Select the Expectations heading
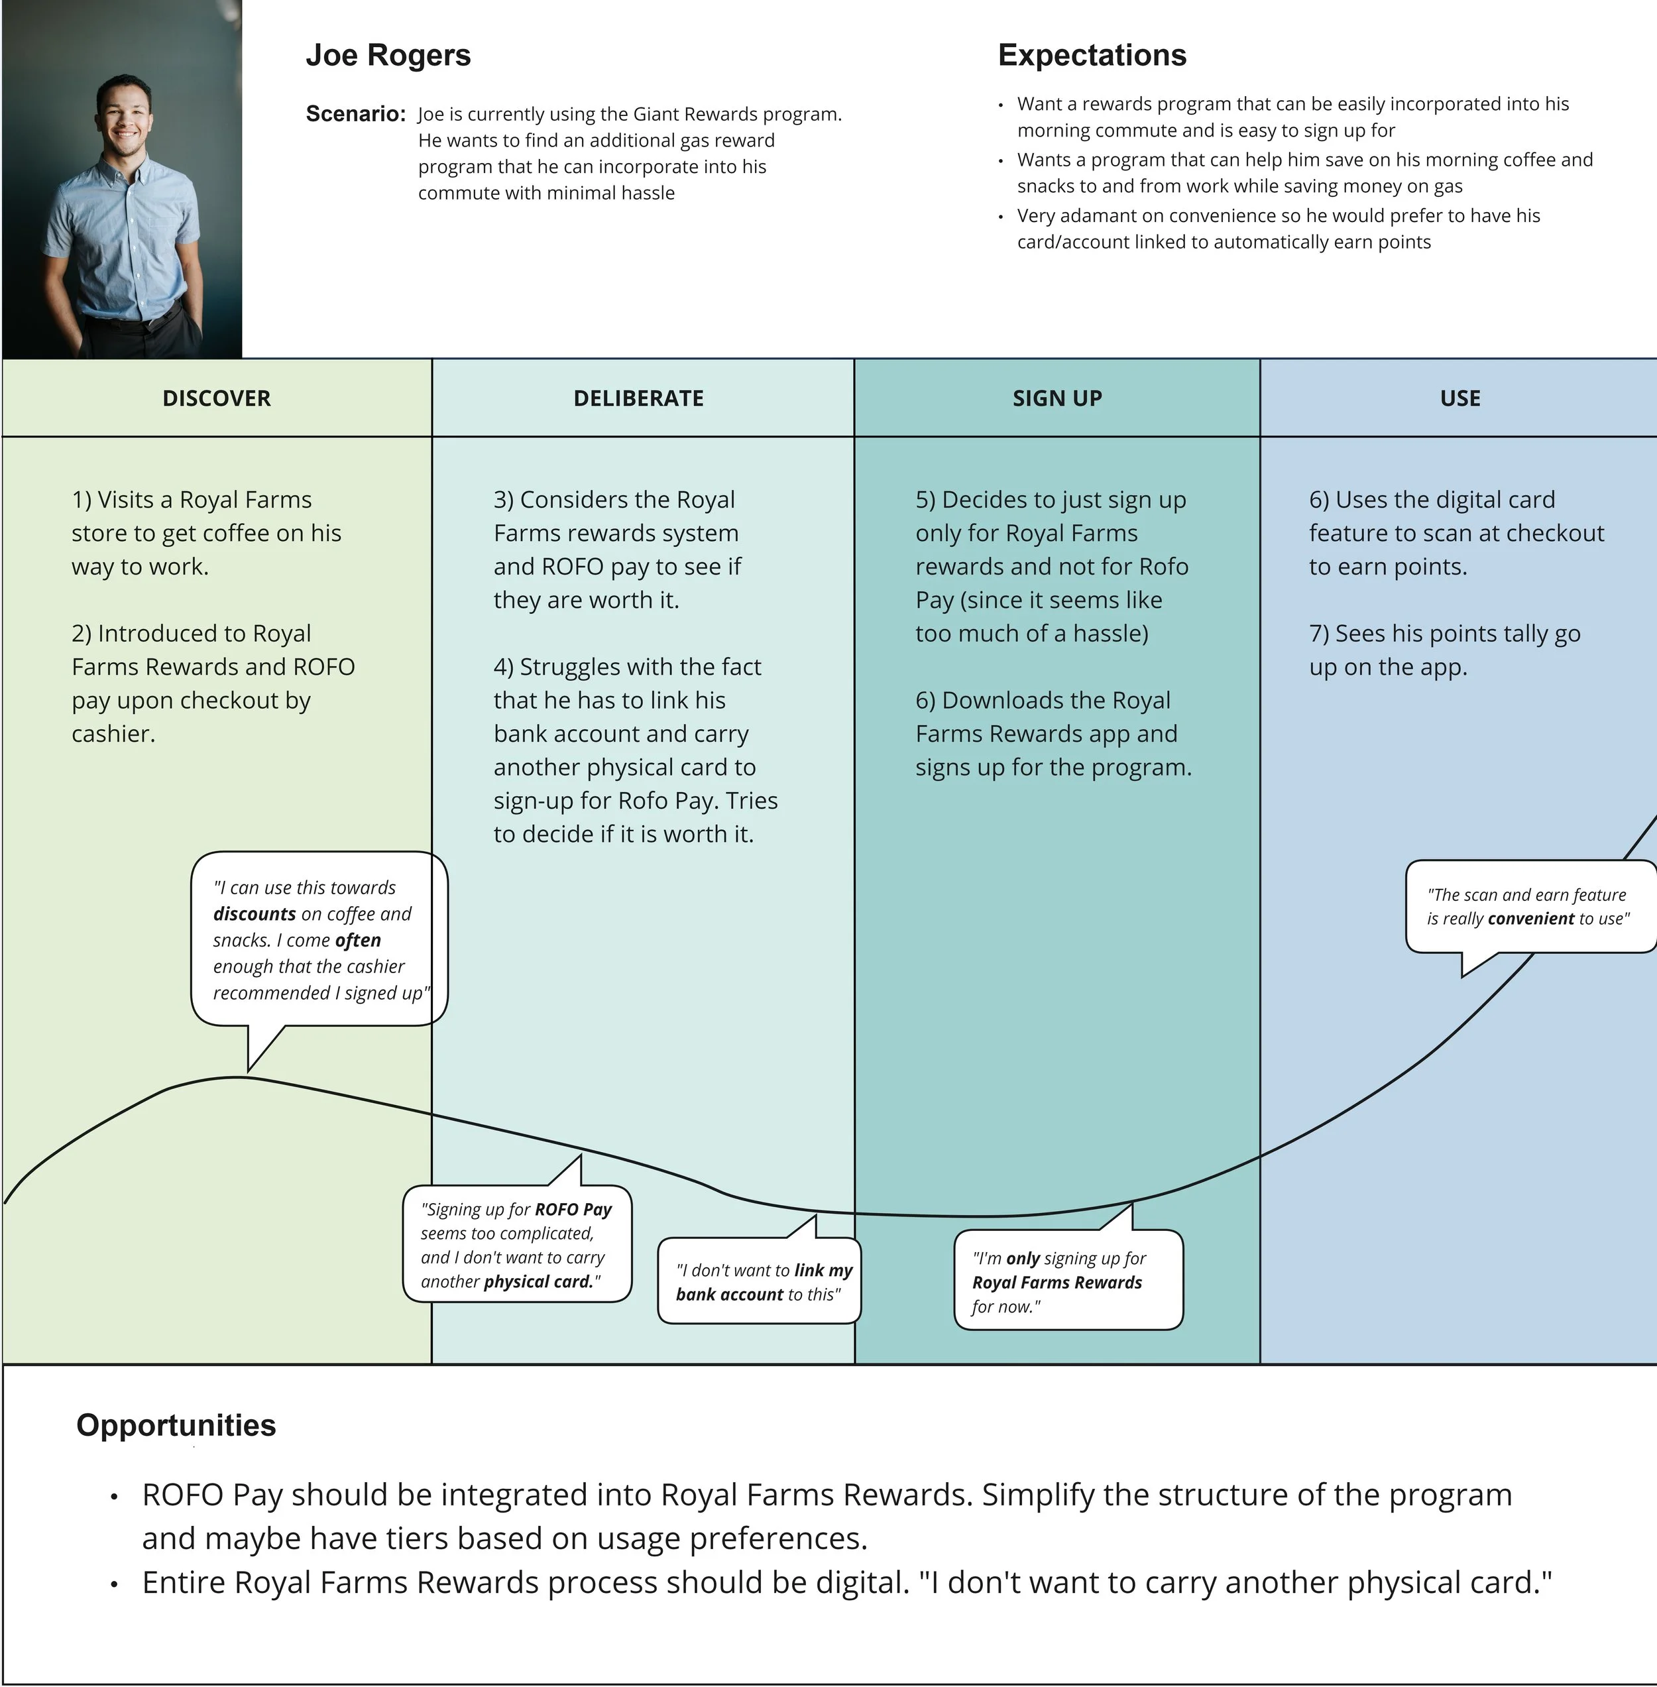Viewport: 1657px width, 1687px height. pyautogui.click(x=1092, y=55)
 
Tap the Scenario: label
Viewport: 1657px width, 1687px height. pyautogui.click(x=355, y=114)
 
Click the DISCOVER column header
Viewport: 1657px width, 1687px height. pyautogui.click(x=217, y=398)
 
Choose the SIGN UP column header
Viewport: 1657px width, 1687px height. pyautogui.click(x=1057, y=398)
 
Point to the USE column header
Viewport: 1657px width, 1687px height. pyautogui.click(x=1459, y=398)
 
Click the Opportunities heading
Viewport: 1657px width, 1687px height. pyautogui.click(x=176, y=1425)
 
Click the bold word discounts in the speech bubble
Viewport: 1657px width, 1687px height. pyautogui.click(x=254, y=914)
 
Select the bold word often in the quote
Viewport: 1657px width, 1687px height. pyautogui.click(x=358, y=940)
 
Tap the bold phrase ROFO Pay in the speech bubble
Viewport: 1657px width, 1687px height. pyautogui.click(x=573, y=1209)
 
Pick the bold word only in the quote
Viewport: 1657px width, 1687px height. pyautogui.click(x=1023, y=1258)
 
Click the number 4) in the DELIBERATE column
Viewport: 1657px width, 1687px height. pyautogui.click(x=503, y=667)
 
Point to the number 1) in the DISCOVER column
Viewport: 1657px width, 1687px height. pyautogui.click(x=81, y=500)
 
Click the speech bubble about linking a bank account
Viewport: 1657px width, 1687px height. pyautogui.click(x=759, y=1281)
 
